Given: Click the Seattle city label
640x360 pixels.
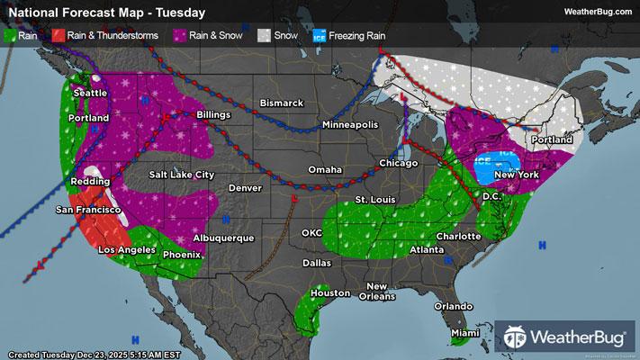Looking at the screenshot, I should (89, 93).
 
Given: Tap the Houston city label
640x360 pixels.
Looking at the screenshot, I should (329, 293).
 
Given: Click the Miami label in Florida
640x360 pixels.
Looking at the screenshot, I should (466, 334).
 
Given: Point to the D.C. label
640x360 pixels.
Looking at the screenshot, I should (491, 195).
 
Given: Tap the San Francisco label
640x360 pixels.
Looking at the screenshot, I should (88, 210).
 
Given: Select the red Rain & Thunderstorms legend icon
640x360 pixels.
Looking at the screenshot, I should (57, 36).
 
